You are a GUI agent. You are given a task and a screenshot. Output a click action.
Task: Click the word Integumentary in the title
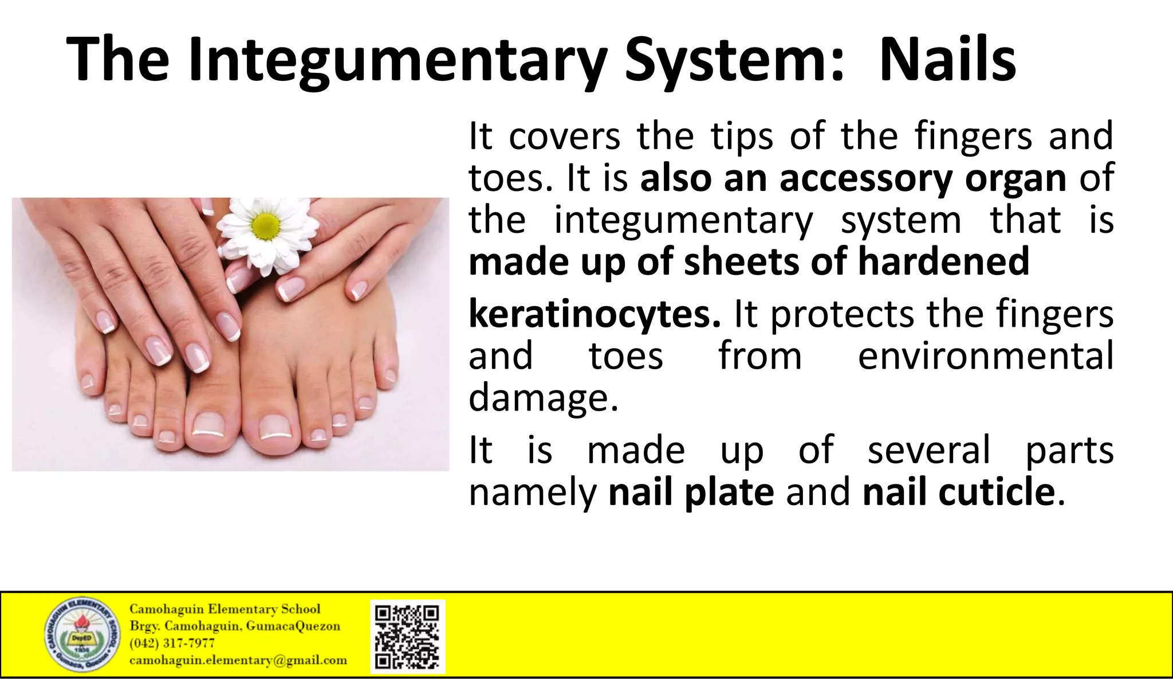click(397, 60)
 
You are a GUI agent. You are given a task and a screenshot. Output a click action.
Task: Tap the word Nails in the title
click(947, 60)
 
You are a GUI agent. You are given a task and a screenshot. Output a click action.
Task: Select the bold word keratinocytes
click(595, 314)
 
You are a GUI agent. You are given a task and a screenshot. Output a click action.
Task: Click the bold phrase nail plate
click(691, 492)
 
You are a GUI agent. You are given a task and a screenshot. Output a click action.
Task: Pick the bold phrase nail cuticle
click(958, 492)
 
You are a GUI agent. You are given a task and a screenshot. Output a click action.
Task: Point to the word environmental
click(985, 355)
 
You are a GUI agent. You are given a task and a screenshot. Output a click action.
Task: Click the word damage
click(543, 397)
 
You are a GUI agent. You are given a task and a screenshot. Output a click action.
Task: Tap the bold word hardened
click(943, 261)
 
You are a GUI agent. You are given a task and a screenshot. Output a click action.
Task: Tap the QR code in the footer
click(407, 636)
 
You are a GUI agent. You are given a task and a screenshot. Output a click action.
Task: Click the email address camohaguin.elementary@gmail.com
click(238, 661)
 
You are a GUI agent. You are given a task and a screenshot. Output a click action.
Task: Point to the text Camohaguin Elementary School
click(225, 609)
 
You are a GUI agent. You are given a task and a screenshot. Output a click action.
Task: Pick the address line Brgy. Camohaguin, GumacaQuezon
click(235, 626)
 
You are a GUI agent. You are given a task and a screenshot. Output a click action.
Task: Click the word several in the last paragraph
click(928, 450)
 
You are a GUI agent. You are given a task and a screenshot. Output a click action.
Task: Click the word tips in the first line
click(742, 136)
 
